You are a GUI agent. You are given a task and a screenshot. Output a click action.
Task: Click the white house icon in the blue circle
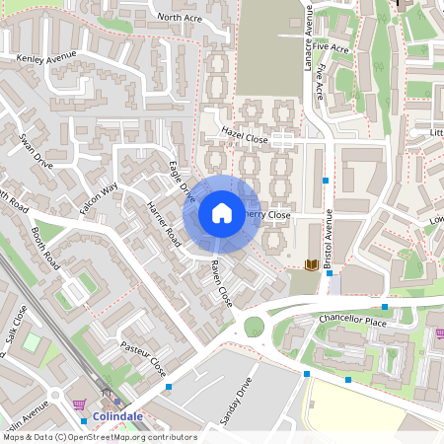coord(222,213)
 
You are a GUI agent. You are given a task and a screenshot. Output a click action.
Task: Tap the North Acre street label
coord(179,17)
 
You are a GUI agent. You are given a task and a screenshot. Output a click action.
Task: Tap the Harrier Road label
coord(164,224)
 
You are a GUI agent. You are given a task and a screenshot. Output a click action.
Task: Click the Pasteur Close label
coord(142,359)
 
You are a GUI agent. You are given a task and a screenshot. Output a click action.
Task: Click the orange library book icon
coord(312,264)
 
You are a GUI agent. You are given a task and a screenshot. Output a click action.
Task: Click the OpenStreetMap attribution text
coord(99,437)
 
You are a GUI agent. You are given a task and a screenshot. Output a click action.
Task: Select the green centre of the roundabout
coord(254,327)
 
